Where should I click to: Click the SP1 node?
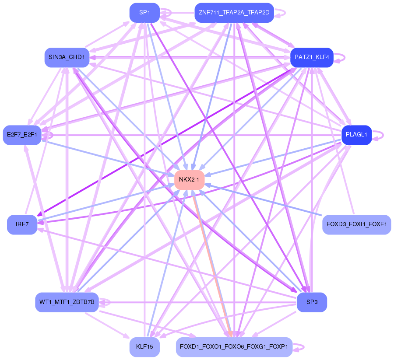[145, 13]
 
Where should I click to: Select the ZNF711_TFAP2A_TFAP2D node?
[234, 13]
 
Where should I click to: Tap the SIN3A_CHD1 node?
[67, 57]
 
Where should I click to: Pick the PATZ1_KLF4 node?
[312, 57]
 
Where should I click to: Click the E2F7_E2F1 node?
[22, 135]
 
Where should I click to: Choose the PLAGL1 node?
[356, 135]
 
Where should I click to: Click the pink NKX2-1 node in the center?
[189, 180]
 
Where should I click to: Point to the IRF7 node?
[22, 225]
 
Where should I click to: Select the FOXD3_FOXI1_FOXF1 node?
[356, 225]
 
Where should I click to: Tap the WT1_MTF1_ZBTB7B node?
[67, 302]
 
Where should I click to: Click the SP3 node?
[312, 302]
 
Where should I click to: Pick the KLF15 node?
[145, 347]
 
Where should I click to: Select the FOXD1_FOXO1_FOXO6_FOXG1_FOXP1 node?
[234, 347]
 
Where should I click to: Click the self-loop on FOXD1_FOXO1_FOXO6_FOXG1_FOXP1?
[299, 347]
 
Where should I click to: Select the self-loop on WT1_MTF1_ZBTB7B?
[105, 302]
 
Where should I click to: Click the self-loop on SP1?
[166, 13]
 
